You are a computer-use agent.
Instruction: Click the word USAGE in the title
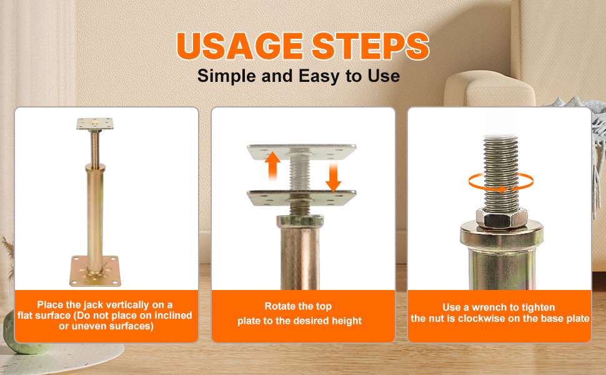pyautogui.click(x=240, y=46)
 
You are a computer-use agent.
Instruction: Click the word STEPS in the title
pyautogui.click(x=370, y=46)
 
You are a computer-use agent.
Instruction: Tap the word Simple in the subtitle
pyautogui.click(x=227, y=76)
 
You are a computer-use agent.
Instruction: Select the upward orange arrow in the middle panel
pyautogui.click(x=272, y=166)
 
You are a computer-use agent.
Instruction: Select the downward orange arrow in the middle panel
pyautogui.click(x=333, y=177)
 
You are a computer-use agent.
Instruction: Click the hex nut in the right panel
pyautogui.click(x=501, y=218)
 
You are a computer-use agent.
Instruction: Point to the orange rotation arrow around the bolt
pyautogui.click(x=501, y=182)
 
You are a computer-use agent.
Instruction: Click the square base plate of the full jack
pyautogui.click(x=95, y=271)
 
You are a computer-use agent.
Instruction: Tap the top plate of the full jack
pyautogui.click(x=95, y=124)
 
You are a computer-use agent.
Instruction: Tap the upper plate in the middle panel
pyautogui.click(x=302, y=152)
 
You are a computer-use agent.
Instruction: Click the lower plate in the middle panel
pyautogui.click(x=302, y=197)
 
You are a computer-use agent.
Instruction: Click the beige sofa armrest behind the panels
pyautogui.click(x=489, y=89)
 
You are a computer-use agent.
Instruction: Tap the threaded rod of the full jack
pyautogui.click(x=95, y=147)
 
